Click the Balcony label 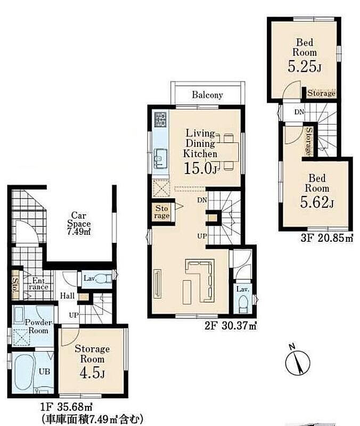pyautogui.click(x=207, y=95)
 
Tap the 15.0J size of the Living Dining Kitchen pyautogui.click(x=201, y=168)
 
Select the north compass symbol pyautogui.click(x=298, y=359)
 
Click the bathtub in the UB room pyautogui.click(x=24, y=372)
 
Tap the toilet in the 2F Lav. pyautogui.click(x=243, y=304)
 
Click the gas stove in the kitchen pyautogui.click(x=160, y=119)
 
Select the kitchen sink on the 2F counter pyautogui.click(x=161, y=159)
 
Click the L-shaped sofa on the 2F pyautogui.click(x=200, y=281)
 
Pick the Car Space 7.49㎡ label pyautogui.click(x=79, y=224)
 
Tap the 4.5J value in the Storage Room pyautogui.click(x=92, y=373)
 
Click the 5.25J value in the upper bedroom pyautogui.click(x=304, y=66)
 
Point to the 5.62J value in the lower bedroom pyautogui.click(x=317, y=202)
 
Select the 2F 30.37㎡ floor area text pyautogui.click(x=231, y=325)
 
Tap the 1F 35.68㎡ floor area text pyautogui.click(x=67, y=407)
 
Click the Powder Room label pyautogui.click(x=38, y=326)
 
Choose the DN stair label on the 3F pyautogui.click(x=299, y=112)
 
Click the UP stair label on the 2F pyautogui.click(x=202, y=236)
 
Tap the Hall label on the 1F pyautogui.click(x=67, y=296)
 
